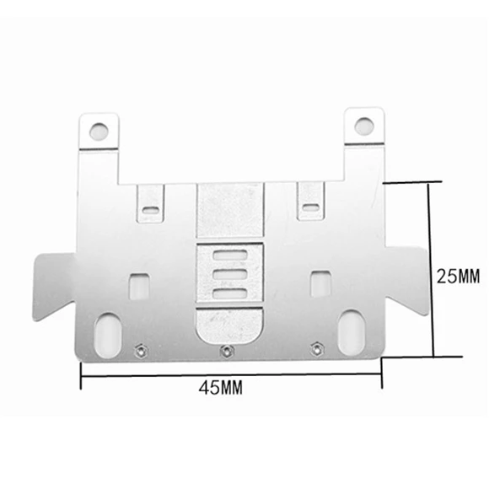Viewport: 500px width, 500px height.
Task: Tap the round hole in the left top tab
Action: (x=99, y=131)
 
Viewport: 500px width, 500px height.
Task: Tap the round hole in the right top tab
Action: (x=363, y=126)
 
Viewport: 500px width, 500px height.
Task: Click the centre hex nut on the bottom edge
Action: (x=225, y=350)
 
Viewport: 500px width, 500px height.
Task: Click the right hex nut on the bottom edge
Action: (x=316, y=347)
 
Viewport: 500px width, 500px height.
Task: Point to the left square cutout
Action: (x=138, y=284)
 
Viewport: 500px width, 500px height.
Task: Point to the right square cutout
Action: (x=320, y=282)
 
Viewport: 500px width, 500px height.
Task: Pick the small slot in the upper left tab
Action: (x=150, y=208)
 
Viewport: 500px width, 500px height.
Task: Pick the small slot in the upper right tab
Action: (x=311, y=206)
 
